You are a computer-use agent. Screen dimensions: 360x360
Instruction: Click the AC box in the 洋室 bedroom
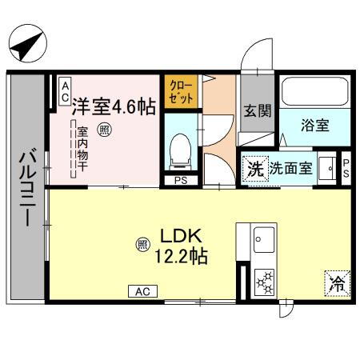pos(64,89)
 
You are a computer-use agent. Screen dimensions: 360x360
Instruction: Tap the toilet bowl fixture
pos(179,150)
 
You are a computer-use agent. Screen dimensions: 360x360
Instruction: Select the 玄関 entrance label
pos(257,111)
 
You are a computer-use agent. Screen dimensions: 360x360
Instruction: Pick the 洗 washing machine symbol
pos(254,169)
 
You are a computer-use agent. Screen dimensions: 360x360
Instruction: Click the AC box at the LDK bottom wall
pos(141,291)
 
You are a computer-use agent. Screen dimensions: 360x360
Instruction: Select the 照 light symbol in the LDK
pos(142,243)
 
